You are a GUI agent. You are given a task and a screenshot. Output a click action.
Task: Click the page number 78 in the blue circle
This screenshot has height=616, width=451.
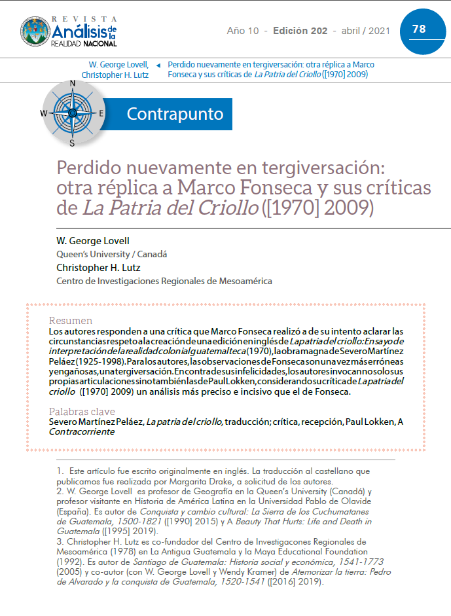click(x=419, y=29)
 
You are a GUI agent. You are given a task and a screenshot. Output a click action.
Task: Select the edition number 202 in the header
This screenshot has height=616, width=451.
click(x=317, y=31)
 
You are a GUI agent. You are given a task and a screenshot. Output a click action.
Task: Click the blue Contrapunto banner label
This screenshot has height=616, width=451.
click(x=175, y=114)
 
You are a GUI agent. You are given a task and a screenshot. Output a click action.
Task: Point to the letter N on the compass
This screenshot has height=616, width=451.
click(x=72, y=83)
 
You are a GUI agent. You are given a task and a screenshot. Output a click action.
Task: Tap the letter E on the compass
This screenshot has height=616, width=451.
click(x=101, y=113)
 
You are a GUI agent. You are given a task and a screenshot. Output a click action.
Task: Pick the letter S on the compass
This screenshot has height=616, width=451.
click(x=72, y=143)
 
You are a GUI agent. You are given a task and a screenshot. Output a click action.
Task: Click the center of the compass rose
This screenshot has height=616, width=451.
click(x=72, y=113)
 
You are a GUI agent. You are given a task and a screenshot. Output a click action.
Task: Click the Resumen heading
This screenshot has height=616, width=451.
click(x=71, y=321)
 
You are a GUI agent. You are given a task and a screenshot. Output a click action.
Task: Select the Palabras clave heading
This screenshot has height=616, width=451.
click(x=82, y=412)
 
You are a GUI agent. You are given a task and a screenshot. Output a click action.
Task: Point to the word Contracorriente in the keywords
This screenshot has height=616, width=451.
click(x=81, y=433)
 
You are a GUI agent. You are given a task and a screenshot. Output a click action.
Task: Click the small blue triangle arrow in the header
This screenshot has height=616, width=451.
click(x=159, y=65)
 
